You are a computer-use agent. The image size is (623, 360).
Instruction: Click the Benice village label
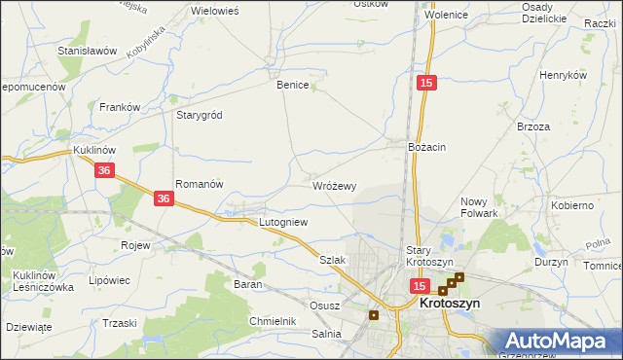[292, 85]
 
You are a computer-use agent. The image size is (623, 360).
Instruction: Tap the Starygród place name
[199, 115]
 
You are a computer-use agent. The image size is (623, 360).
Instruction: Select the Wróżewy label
[335, 185]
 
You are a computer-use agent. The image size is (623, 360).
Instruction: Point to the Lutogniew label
[282, 222]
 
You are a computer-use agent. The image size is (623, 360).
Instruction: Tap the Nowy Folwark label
[479, 207]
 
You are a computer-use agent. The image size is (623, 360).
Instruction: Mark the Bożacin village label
[427, 146]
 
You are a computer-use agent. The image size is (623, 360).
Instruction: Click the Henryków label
[565, 75]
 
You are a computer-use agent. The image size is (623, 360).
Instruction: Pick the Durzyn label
[551, 263]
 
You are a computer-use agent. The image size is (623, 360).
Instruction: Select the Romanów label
[200, 183]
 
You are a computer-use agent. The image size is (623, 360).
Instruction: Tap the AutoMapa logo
[558, 342]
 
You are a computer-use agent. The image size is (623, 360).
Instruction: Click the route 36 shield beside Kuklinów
[106, 170]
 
